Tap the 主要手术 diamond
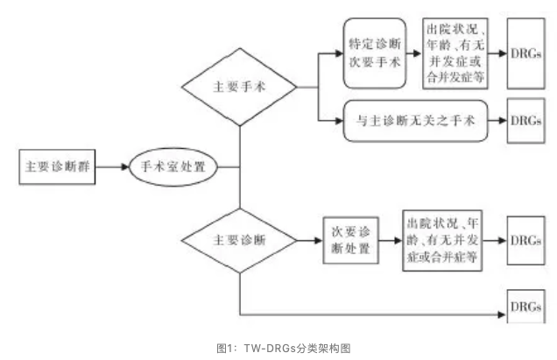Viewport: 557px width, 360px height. [x=239, y=88]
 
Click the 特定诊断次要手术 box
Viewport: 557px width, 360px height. [x=375, y=53]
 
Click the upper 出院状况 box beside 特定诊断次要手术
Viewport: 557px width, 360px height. [x=455, y=53]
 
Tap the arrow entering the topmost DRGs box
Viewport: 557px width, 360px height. [x=498, y=53]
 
